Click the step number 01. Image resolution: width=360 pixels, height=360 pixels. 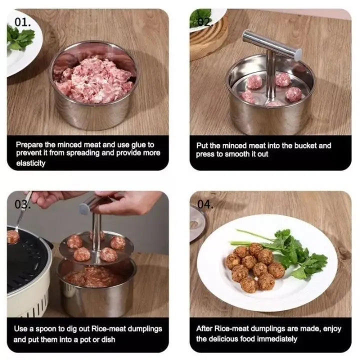pyautogui.click(x=22, y=22)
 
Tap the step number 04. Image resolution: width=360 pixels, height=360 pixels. pyautogui.click(x=205, y=204)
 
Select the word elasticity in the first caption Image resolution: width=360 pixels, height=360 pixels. pyautogui.click(x=30, y=163)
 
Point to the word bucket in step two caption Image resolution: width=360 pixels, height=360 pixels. pyautogui.click(x=305, y=145)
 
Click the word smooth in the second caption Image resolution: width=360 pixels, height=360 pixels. pyautogui.click(x=237, y=154)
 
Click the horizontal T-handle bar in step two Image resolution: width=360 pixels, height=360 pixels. pyautogui.click(x=272, y=45)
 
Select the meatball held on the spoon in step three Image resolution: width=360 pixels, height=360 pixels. pyautogui.click(x=12, y=237)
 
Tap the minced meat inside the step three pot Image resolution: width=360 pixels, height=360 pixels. pyautogui.click(x=94, y=276)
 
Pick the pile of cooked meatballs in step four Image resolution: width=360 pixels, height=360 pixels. pyautogui.click(x=255, y=267)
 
